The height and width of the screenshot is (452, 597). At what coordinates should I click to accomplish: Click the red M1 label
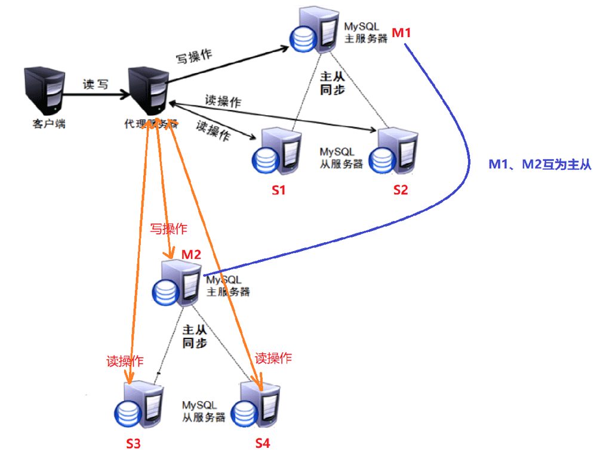tap(401, 33)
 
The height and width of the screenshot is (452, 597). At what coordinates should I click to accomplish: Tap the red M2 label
tap(191, 254)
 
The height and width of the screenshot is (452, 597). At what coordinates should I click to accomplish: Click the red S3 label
tap(134, 443)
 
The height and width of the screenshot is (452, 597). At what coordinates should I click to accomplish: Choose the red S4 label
tap(263, 443)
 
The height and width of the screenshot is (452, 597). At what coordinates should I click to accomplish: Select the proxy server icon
tap(147, 93)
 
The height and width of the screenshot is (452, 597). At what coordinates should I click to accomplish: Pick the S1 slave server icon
tap(276, 153)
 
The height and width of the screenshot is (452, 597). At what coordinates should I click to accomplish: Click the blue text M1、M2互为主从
tap(540, 165)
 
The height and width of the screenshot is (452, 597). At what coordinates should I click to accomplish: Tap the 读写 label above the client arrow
tap(96, 84)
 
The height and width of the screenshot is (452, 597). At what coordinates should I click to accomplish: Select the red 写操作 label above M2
tap(168, 229)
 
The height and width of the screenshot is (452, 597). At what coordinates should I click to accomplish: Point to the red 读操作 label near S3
tap(125, 361)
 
